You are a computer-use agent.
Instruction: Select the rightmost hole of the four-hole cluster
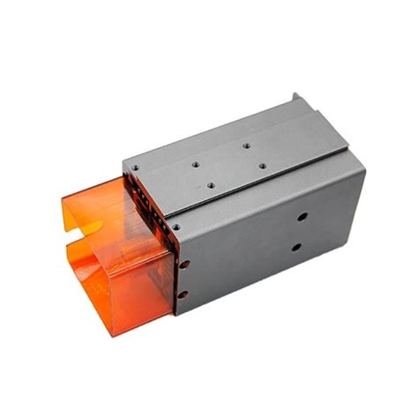[261, 163]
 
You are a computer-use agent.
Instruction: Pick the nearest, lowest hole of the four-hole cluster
[210, 185]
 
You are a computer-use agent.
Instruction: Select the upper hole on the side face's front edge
[183, 262]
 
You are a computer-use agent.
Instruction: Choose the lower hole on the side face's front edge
[183, 295]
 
